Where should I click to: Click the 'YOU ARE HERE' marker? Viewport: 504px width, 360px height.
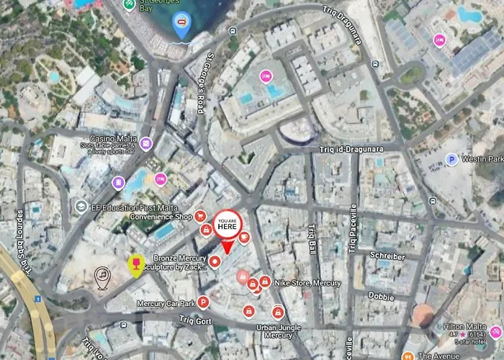coord(227,223)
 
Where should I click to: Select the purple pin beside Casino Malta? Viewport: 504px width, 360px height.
coord(146,143)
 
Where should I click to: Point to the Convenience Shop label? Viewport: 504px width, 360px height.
coord(161,216)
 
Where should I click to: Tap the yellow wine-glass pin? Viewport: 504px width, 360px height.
coord(135,264)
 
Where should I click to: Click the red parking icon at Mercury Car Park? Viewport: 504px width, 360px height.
coord(204,302)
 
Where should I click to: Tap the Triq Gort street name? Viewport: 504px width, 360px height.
coord(194,320)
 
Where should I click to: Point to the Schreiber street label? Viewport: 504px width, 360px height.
coord(387,256)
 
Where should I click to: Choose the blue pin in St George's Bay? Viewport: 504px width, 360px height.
coord(181,27)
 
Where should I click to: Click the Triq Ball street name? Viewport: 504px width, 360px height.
coord(312,237)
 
